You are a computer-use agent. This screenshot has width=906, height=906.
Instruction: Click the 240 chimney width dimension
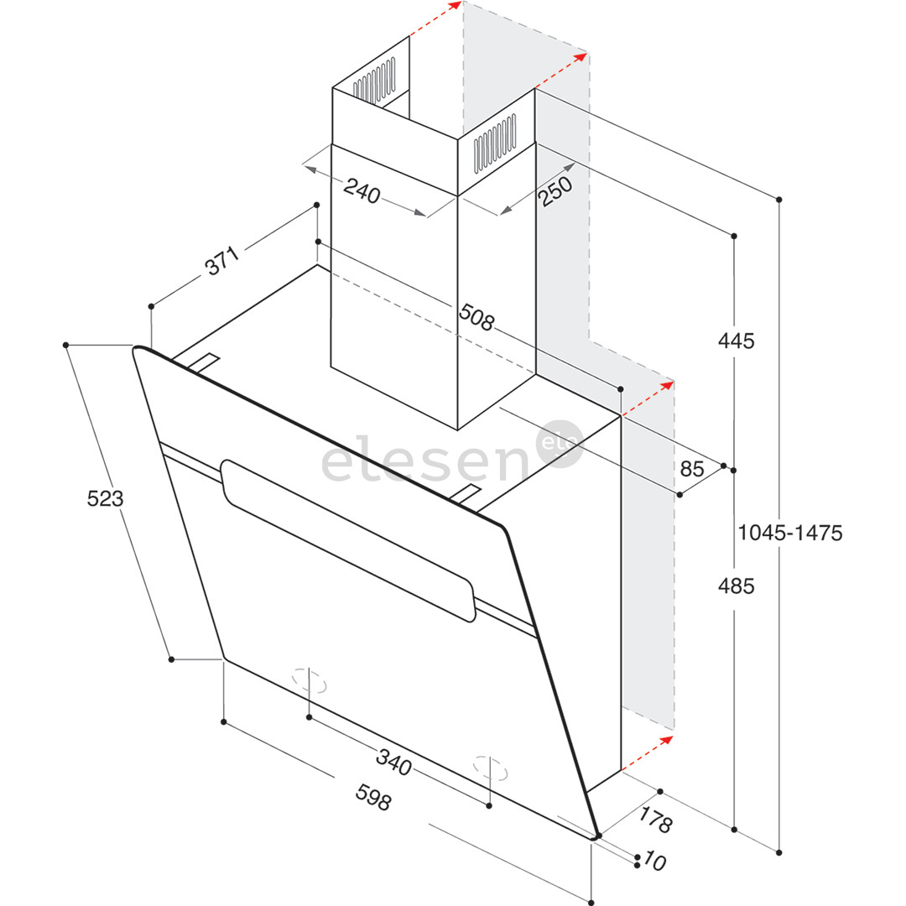pyautogui.click(x=362, y=190)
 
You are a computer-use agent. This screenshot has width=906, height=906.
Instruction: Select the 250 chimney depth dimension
pyautogui.click(x=555, y=190)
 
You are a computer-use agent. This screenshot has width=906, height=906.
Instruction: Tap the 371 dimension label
pyautogui.click(x=221, y=261)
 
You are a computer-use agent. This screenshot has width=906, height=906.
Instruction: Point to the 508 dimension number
pyautogui.click(x=476, y=317)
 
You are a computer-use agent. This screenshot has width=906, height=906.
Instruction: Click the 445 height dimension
pyautogui.click(x=737, y=341)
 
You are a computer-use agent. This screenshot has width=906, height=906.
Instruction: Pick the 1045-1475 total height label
pyautogui.click(x=790, y=533)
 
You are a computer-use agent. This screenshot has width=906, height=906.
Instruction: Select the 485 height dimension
pyautogui.click(x=737, y=586)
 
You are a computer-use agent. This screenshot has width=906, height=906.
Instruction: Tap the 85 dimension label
pyautogui.click(x=692, y=469)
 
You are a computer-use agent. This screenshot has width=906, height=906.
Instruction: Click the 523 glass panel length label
pyautogui.click(x=105, y=498)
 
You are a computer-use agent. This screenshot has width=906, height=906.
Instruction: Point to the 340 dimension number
pyautogui.click(x=393, y=761)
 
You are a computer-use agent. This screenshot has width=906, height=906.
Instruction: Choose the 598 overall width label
pyautogui.click(x=373, y=798)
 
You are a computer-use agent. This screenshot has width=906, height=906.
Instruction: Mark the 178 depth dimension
pyautogui.click(x=656, y=820)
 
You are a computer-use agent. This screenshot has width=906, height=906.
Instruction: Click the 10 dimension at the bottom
pyautogui.click(x=654, y=861)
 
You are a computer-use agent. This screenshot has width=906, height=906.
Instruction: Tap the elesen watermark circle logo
pyautogui.click(x=560, y=444)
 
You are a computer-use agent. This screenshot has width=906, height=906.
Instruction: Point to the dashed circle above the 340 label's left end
pyautogui.click(x=309, y=680)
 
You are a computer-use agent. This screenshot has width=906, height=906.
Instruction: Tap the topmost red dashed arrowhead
pyautogui.click(x=456, y=5)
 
